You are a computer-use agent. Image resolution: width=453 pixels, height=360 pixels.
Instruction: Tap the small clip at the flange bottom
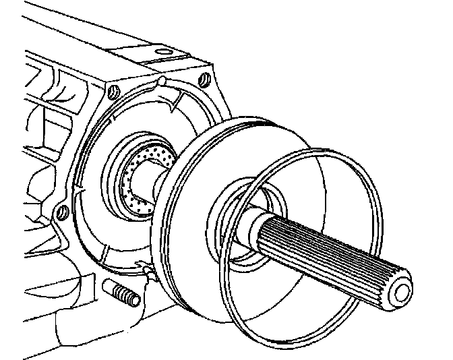145,270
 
